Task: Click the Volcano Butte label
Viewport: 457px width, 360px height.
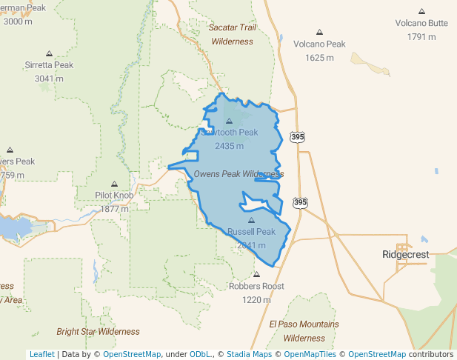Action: [x=421, y=23]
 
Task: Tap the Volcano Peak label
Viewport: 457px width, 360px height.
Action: [x=319, y=44]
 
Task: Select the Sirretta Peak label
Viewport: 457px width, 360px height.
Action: [x=49, y=65]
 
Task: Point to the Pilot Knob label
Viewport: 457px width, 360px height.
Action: [x=114, y=196]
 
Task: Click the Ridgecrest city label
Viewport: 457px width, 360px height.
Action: [x=405, y=254]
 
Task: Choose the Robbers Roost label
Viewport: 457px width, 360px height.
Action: [x=256, y=286]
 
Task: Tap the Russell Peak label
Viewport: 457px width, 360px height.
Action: [x=251, y=232]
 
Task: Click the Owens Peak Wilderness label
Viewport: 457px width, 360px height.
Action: [x=238, y=174]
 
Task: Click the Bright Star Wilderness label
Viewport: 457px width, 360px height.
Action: [x=98, y=331]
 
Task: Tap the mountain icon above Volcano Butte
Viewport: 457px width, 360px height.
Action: [x=421, y=12]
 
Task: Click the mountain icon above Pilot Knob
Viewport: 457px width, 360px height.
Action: [x=114, y=184]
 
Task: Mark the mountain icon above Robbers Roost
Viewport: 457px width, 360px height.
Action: [x=256, y=274]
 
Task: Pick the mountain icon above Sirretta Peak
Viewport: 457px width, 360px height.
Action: [x=49, y=53]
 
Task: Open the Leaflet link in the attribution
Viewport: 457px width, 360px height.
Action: [x=41, y=354]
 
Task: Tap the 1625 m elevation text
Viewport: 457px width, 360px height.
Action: [x=319, y=58]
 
